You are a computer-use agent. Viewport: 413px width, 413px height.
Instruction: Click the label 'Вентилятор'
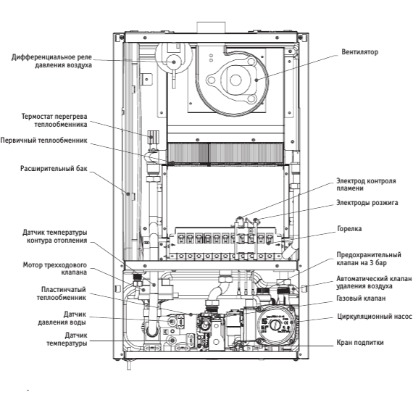(x=359, y=52)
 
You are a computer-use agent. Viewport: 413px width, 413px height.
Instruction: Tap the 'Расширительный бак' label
(x=54, y=169)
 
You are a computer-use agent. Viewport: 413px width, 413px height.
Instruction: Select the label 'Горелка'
(x=349, y=229)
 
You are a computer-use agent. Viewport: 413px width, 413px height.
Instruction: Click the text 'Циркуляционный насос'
(x=375, y=317)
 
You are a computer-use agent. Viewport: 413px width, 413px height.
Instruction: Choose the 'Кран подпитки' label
(x=360, y=343)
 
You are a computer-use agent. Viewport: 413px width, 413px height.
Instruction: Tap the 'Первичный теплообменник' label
(x=43, y=140)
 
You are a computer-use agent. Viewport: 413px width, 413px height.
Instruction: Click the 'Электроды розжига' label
(x=367, y=203)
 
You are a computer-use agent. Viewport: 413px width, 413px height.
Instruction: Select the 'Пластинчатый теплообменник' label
(x=62, y=293)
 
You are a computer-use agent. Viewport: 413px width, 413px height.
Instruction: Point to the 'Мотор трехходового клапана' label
(x=55, y=268)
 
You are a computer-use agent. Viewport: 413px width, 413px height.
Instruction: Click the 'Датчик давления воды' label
(x=62, y=318)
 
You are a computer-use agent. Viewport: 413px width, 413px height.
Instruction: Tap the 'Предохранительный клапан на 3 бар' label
(x=369, y=259)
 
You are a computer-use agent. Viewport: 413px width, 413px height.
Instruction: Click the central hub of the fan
(x=235, y=80)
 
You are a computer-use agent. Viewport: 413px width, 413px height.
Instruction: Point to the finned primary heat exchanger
(x=225, y=154)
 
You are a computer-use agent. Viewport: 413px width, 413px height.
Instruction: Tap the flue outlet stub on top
(x=211, y=27)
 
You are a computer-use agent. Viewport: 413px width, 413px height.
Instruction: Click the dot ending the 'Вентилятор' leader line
(x=256, y=80)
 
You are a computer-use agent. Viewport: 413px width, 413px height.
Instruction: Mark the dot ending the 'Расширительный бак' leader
(x=128, y=194)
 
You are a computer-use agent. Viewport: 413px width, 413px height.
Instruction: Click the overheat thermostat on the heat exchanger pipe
(x=153, y=137)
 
